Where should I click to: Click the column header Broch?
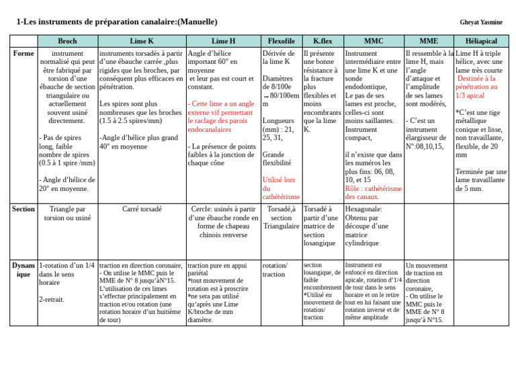tap(67, 41)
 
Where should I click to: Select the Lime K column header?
tap(142, 41)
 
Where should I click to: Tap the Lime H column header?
tap(223, 41)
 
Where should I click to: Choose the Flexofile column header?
tap(281, 41)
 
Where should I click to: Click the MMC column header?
tap(373, 41)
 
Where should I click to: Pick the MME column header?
tap(429, 41)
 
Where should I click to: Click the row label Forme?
tap(24, 53)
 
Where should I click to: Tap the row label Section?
tap(25, 209)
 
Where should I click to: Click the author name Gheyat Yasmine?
tap(481, 22)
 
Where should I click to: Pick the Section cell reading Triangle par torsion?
tap(67, 213)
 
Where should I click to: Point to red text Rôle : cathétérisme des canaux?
tap(373, 193)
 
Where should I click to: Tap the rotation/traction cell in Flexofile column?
tap(274, 270)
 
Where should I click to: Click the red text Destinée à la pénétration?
tap(478, 87)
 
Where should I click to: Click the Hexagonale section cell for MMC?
tap(366, 226)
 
